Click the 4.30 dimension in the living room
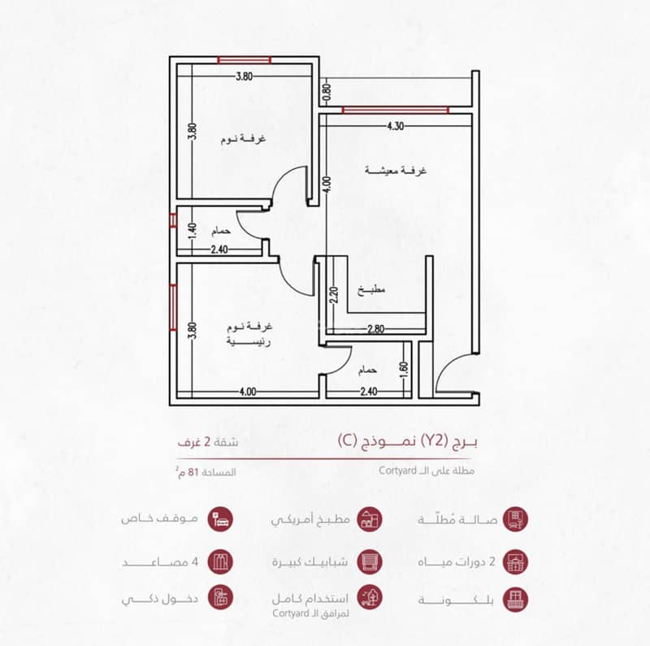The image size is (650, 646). click(396, 126)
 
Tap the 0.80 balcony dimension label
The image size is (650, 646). click(327, 92)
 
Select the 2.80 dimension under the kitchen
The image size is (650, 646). click(375, 329)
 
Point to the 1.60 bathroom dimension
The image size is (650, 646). click(404, 371)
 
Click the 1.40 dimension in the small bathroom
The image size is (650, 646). click(192, 231)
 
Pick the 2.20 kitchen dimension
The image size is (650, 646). click(335, 295)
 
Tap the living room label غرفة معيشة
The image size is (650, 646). click(396, 171)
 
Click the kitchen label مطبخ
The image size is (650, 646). click(371, 290)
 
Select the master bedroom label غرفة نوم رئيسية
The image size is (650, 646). click(249, 334)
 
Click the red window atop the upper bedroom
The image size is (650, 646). click(245, 60)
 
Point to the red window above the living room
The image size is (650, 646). click(396, 110)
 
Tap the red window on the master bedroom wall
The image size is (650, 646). click(173, 307)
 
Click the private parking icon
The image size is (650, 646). click(220, 518)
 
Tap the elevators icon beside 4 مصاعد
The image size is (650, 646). click(220, 561)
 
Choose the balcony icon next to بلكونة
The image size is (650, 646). click(515, 599)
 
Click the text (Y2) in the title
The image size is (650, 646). click(433, 440)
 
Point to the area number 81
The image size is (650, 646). click(193, 472)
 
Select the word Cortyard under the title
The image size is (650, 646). click(397, 470)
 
